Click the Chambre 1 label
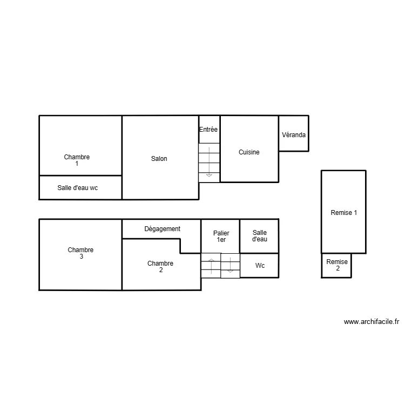pos(77,160)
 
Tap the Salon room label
pos(159,159)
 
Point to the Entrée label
pos(208,130)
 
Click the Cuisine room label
pos(249,152)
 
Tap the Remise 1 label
pos(343,213)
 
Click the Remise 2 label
pos(337,265)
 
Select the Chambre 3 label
pos(80,253)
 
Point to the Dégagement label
pos(162,229)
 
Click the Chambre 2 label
pos(160,267)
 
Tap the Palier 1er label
pos(221,237)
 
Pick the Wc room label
pos(260,266)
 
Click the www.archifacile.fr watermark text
pos(371,322)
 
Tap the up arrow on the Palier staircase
pos(211,266)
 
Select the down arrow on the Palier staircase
pos(231,266)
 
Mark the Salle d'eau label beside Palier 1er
pos(260,236)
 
